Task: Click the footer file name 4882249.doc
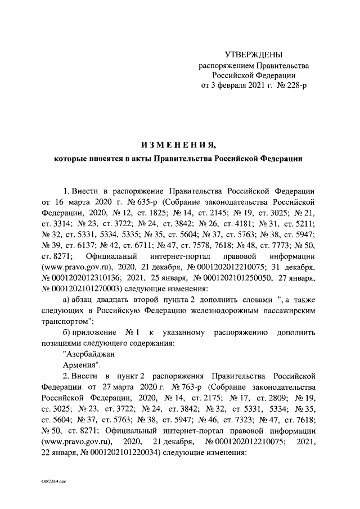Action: pos(53,482)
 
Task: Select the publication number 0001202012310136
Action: pos(84,277)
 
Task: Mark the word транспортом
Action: pos(67,321)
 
